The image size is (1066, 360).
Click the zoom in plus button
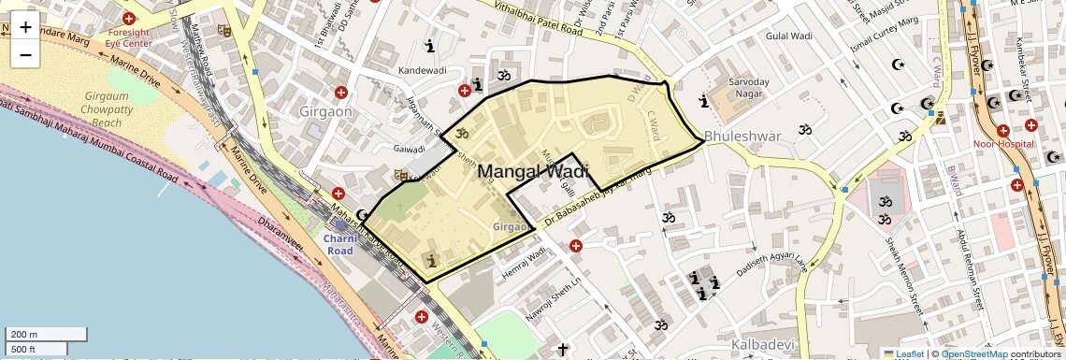click(x=25, y=27)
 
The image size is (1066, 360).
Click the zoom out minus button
click(x=25, y=55)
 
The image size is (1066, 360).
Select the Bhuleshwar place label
click(x=742, y=137)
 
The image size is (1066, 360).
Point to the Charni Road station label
click(x=339, y=244)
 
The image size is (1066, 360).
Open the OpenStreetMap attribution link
click(x=974, y=354)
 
